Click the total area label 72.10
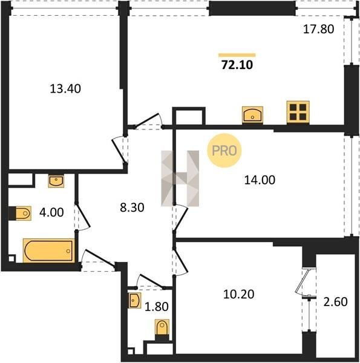pos(237,65)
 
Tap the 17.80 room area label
pos(319,30)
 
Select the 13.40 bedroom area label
pos(65,89)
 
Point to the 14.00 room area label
pos(260,180)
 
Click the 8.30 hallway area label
pos(132,208)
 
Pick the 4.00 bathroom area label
pos(51,212)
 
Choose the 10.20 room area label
pos(239,294)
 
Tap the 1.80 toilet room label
pos(157,307)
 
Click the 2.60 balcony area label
pos(335,302)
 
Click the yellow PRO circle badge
pos(224,151)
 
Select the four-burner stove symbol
pos(298,113)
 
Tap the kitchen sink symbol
pos(252,114)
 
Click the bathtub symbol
pos(49,250)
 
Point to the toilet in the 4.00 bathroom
pos(20,213)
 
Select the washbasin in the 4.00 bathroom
pos(56,181)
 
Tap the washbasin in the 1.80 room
pos(135,300)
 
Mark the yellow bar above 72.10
pos(237,55)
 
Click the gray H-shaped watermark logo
pos(180,178)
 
